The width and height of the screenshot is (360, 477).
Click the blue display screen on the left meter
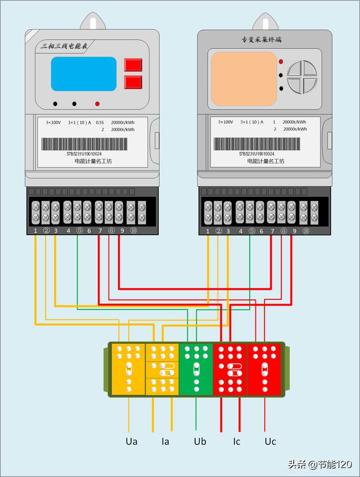[84, 74]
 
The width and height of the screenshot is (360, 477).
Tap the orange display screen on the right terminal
[244, 79]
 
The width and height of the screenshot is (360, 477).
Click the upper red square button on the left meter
[133, 65]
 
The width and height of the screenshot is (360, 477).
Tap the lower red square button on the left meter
[133, 83]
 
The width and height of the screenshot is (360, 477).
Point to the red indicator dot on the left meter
[97, 103]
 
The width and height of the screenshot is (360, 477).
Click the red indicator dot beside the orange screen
[281, 61]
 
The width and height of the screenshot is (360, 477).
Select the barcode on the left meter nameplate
[84, 144]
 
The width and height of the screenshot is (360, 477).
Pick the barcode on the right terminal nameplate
[256, 144]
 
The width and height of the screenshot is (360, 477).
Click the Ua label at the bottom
[132, 442]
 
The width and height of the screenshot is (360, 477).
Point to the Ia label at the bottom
[165, 442]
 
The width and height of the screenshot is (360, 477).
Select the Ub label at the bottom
[200, 442]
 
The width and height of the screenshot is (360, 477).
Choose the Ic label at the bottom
[237, 442]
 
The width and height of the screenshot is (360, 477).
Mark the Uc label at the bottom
[271, 442]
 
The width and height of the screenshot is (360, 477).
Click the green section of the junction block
[196, 369]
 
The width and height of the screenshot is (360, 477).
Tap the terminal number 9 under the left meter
[121, 231]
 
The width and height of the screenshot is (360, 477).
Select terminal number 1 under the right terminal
[208, 231]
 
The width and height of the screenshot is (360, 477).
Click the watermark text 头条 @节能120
[319, 464]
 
